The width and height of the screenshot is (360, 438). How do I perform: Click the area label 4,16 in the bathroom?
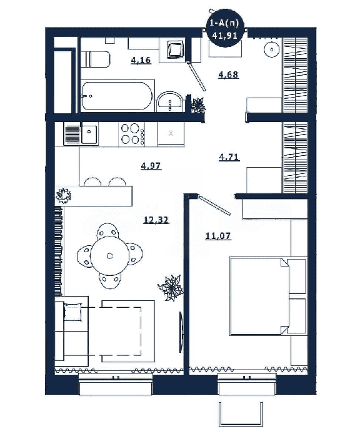[141, 60]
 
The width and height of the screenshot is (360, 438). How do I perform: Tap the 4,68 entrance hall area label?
[228, 74]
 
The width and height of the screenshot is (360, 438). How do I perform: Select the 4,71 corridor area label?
[229, 158]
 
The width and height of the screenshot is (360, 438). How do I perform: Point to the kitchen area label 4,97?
[151, 166]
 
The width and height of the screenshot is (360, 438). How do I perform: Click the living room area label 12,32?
[156, 220]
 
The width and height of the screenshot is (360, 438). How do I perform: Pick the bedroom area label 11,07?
[218, 237]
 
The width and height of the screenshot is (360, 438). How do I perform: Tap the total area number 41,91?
[224, 35]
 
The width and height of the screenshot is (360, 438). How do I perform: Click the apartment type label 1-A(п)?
[224, 24]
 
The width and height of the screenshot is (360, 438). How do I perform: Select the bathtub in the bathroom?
[117, 96]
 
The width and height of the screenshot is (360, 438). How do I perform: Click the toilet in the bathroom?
[96, 59]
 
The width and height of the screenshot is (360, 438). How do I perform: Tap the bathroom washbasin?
[169, 101]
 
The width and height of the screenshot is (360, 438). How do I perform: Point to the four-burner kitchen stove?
[132, 135]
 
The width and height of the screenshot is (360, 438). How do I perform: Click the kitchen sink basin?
[89, 134]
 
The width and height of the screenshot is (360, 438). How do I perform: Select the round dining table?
[109, 256]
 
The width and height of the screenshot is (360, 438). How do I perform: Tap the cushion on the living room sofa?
[73, 312]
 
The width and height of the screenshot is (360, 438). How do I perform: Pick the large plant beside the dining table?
[171, 288]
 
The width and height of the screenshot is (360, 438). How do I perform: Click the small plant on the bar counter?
[63, 195]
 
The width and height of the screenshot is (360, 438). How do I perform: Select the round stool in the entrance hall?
[272, 49]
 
